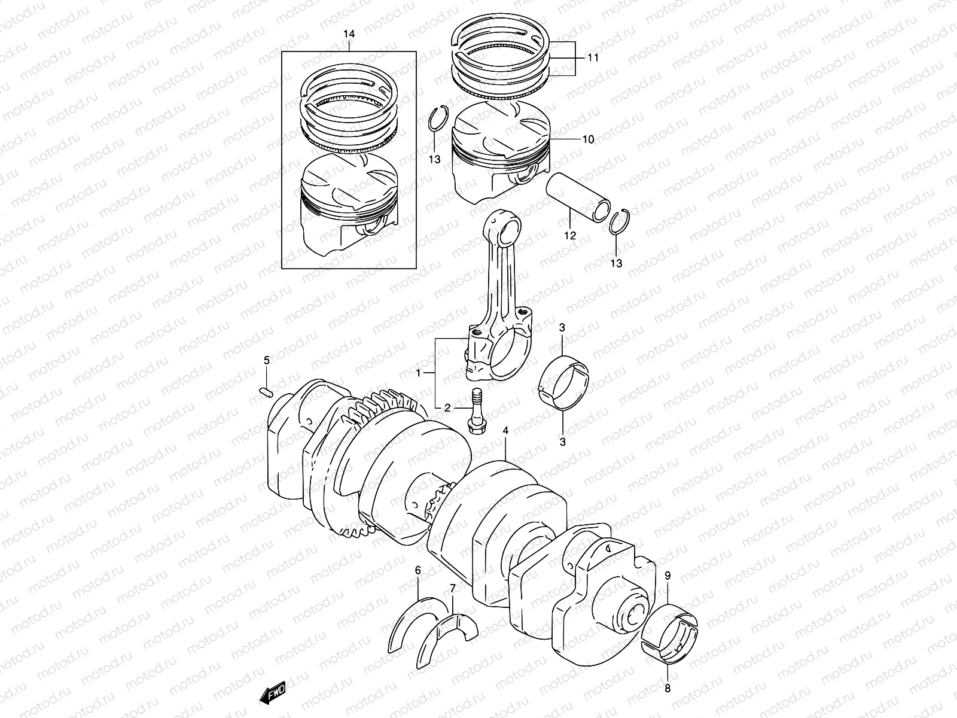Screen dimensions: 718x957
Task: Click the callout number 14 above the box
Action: click(x=349, y=35)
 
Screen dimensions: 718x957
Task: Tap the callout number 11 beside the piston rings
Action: click(x=592, y=58)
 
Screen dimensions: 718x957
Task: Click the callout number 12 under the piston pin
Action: click(x=569, y=235)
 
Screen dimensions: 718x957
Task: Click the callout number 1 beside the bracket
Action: click(x=420, y=373)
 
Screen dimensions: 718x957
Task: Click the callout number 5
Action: click(x=267, y=360)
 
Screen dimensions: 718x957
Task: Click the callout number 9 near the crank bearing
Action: click(x=668, y=576)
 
